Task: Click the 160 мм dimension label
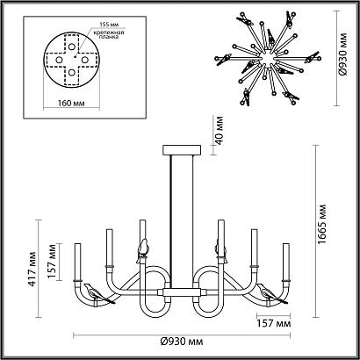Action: click(x=71, y=104)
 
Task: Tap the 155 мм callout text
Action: click(x=108, y=25)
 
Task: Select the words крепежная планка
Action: click(x=109, y=35)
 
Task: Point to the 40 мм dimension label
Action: click(x=220, y=130)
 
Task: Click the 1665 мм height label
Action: click(x=322, y=225)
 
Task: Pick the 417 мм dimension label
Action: click(x=32, y=269)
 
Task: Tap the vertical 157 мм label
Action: click(x=52, y=261)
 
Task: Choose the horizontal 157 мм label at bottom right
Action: click(x=274, y=324)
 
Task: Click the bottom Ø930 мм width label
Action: click(x=182, y=341)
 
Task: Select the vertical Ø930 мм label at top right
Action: click(x=343, y=54)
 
